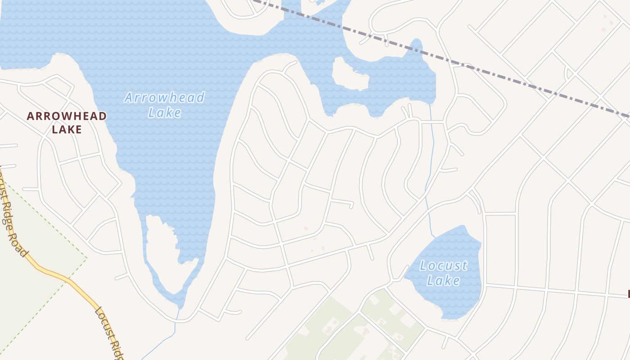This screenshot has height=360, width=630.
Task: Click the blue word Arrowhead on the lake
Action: tap(164, 98)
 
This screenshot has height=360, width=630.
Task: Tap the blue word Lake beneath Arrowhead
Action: tap(164, 112)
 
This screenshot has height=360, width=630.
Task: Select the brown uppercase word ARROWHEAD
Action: tap(67, 116)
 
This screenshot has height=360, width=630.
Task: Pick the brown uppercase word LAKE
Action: tap(67, 130)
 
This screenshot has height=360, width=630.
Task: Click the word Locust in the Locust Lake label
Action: tap(443, 266)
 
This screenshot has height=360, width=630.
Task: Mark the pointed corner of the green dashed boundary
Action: tap(87, 258)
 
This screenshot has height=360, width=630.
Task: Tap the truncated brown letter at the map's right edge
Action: tap(628, 295)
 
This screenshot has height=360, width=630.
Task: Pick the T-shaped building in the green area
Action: tap(365, 332)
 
